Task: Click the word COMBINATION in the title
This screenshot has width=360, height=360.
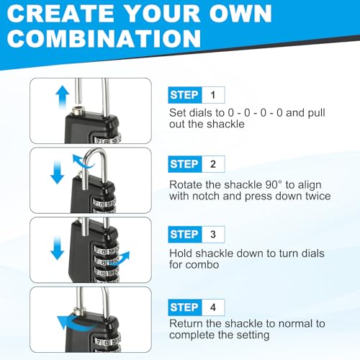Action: tap(104, 38)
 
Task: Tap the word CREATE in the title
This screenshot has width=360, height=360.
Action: tap(60, 13)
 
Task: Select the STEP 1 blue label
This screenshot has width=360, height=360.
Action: tap(185, 95)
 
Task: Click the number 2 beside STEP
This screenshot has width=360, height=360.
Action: tap(213, 164)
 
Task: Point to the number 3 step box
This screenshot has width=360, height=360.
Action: tap(213, 234)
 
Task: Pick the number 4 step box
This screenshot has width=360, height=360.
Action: tap(213, 307)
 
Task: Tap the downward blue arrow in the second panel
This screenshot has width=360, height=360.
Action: tap(57, 172)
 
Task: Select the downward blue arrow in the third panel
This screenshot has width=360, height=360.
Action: tap(57, 248)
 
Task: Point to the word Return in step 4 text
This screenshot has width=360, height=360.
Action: tap(186, 323)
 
